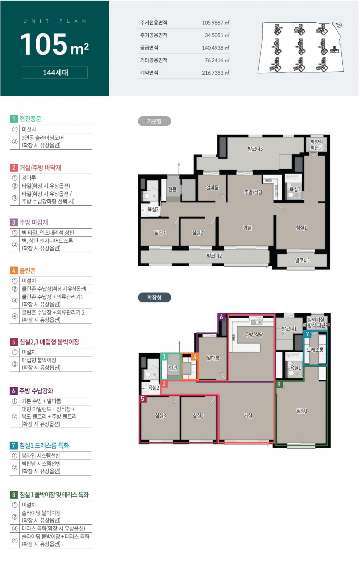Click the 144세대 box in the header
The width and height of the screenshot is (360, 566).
[55, 73]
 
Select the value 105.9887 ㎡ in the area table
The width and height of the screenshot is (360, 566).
[216, 23]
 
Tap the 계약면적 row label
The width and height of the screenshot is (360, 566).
[149, 73]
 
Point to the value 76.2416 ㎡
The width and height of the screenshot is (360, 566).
[217, 60]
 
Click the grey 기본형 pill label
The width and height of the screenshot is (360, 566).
[154, 121]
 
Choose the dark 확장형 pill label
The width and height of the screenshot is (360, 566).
[154, 297]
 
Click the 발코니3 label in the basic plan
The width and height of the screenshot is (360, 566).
[255, 149]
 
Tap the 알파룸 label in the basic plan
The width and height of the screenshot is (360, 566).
[212, 188]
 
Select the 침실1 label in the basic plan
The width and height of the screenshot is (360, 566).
[301, 228]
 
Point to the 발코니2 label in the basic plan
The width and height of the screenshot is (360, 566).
[214, 256]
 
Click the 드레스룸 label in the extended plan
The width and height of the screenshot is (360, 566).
[315, 350]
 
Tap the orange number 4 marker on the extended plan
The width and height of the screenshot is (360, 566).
[195, 357]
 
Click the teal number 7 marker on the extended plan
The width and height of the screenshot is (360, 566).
[307, 334]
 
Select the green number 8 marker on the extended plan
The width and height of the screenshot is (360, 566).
[279, 384]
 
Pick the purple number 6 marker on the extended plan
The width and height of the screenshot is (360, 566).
[221, 317]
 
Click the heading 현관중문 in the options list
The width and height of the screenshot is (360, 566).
[30, 119]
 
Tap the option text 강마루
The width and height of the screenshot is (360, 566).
[29, 178]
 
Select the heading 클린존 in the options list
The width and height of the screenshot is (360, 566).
[28, 270]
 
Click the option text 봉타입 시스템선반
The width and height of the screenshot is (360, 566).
[41, 456]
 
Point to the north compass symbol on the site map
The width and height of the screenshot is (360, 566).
[339, 25]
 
